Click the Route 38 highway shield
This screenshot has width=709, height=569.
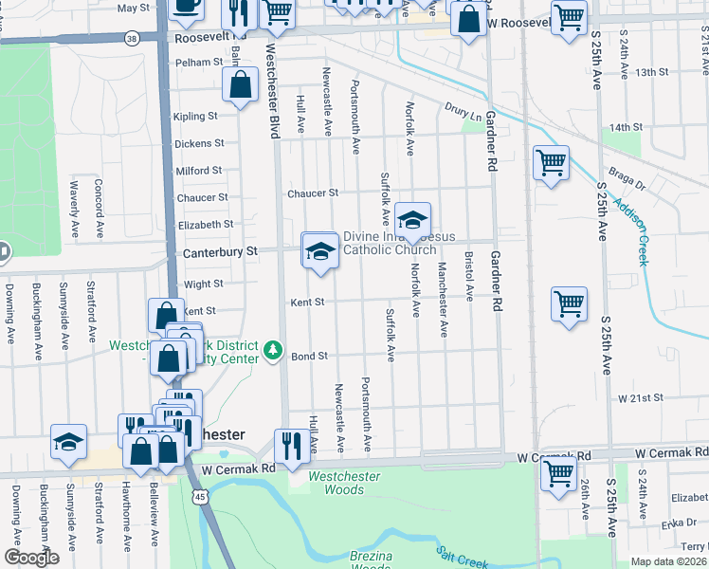132,38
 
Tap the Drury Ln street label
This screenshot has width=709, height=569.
463,112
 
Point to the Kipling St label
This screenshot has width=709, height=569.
195,117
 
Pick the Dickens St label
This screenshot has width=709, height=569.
199,144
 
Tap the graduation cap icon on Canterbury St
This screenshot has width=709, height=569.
320,252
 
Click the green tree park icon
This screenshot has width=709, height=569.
274,351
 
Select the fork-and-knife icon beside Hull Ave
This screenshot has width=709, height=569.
289,444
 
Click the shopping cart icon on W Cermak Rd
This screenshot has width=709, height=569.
559,471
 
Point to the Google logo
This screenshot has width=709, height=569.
31,559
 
